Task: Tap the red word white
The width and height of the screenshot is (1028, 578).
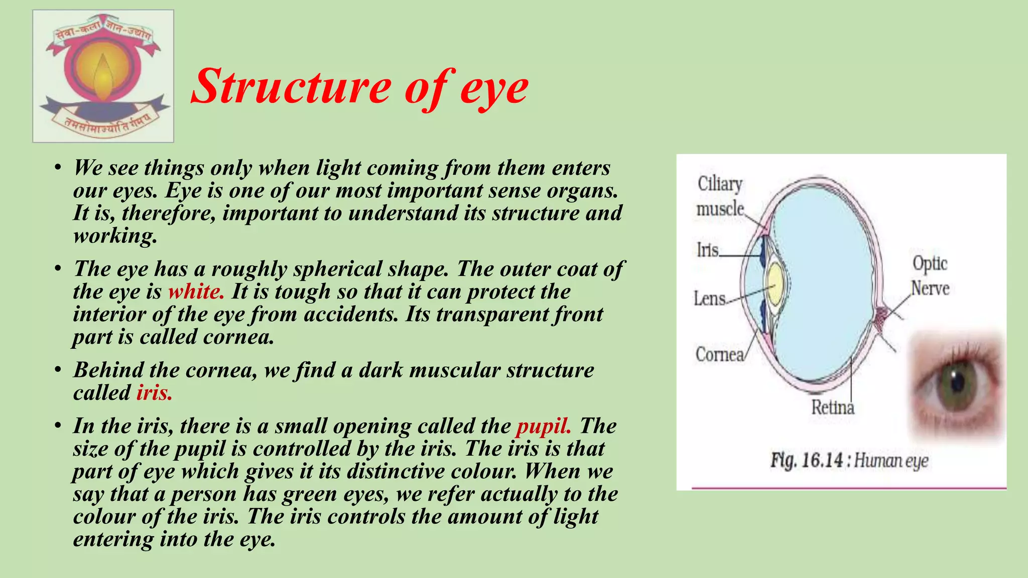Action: (196, 292)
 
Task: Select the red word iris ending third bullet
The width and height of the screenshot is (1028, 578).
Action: (154, 392)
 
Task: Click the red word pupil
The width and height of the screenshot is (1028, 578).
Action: (544, 426)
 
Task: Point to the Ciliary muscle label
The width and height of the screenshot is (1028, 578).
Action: (720, 196)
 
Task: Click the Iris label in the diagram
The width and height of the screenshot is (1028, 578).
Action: (708, 249)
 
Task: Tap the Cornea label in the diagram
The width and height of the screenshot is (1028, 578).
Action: (719, 354)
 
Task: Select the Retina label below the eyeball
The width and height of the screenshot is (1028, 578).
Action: (833, 407)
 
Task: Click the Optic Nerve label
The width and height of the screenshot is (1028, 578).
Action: (930, 276)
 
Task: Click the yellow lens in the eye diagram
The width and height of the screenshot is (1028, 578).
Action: (776, 284)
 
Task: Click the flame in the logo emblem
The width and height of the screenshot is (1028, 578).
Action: (103, 75)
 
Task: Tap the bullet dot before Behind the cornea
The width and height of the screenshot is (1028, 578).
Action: (58, 370)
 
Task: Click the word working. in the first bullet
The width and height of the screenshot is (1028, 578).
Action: (115, 236)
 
